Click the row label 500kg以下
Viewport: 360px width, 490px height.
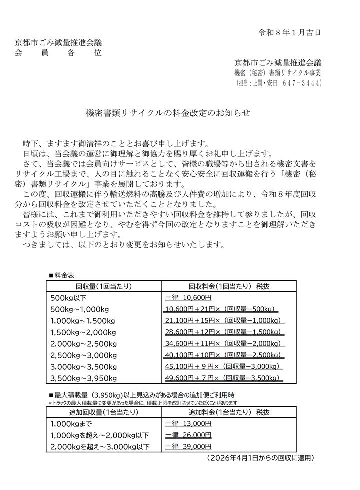pyautogui.click(x=69, y=298)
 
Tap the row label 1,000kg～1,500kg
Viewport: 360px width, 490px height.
pyautogui.click(x=83, y=321)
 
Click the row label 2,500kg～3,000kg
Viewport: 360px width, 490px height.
pyautogui.click(x=83, y=355)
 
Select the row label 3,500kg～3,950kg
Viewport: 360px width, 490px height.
pyautogui.click(x=83, y=378)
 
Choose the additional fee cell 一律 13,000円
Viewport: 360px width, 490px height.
pyautogui.click(x=188, y=424)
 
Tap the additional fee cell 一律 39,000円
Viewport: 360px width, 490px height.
pyautogui.click(x=188, y=447)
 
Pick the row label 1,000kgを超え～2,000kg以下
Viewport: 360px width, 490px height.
pyautogui.click(x=100, y=435)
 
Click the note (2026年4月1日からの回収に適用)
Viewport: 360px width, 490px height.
pyautogui.click(x=260, y=458)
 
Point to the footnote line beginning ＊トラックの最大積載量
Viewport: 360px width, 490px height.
pyautogui.click(x=142, y=403)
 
